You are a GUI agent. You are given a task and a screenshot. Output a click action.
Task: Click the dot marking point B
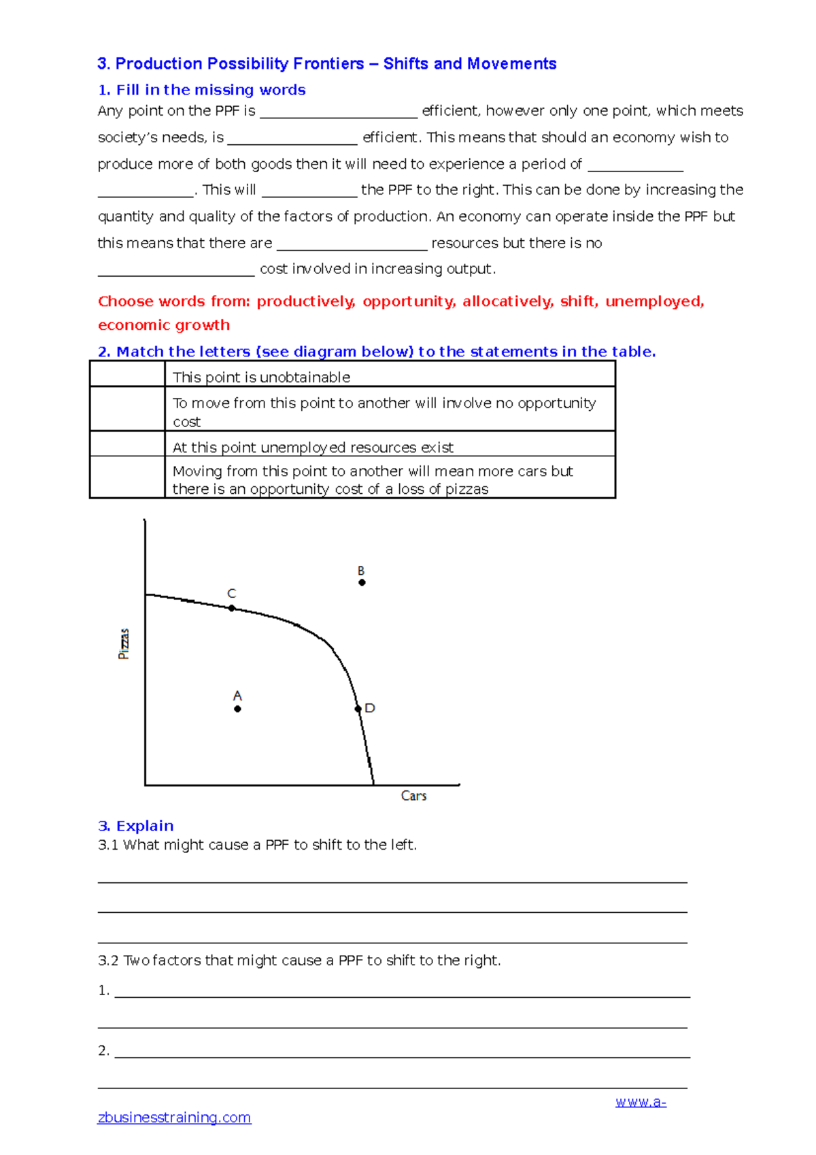362,582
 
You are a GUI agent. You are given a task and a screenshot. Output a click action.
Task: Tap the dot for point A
237,709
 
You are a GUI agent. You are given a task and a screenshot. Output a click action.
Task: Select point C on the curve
232,608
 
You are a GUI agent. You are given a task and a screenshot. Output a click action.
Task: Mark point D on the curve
358,709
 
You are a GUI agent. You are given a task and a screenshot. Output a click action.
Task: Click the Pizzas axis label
124,643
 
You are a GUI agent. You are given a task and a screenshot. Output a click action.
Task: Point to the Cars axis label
413,796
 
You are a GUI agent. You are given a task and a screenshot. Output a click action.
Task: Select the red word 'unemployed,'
654,301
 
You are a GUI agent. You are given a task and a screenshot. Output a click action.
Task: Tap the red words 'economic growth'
164,325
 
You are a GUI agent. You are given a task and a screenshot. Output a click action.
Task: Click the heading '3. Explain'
136,826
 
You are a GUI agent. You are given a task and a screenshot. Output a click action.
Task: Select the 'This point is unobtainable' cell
390,377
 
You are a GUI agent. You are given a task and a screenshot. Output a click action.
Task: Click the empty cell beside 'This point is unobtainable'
127,374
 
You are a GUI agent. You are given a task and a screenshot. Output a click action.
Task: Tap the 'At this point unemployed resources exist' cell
390,447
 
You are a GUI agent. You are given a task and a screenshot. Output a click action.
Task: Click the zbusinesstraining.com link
174,1118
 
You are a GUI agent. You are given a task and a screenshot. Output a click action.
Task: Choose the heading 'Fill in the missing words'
202,90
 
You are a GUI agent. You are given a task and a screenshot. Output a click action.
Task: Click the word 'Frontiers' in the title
328,64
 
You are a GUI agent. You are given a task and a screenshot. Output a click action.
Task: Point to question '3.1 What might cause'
257,845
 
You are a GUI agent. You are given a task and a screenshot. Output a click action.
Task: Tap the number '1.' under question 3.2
103,990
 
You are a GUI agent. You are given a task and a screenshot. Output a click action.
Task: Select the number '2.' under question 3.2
103,1050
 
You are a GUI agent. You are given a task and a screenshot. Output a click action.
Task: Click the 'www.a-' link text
641,1102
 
